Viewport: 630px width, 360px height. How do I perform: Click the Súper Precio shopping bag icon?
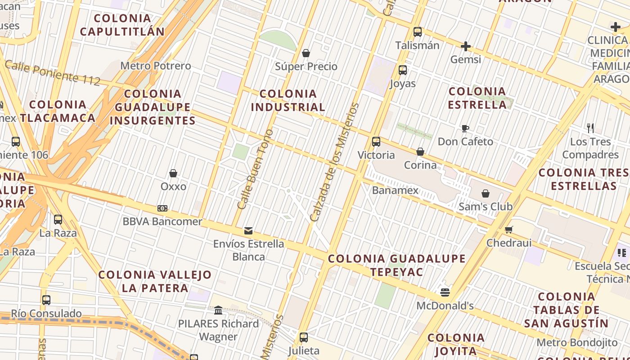point(306,54)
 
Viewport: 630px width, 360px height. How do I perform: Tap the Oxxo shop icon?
point(173,173)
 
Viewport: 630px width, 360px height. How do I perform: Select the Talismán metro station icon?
point(418,32)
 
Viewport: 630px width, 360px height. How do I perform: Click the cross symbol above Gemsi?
point(466,46)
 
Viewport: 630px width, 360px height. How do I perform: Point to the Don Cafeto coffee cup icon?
point(465,129)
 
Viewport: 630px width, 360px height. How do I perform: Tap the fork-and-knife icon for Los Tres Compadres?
point(590,128)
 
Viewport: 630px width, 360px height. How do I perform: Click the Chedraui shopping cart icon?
point(509,230)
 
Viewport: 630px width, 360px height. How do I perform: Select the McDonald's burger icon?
point(445,293)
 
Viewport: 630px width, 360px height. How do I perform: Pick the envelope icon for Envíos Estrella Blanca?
point(248,231)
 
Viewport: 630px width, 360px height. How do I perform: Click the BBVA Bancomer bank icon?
point(162,208)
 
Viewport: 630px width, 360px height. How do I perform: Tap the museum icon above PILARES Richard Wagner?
point(219,310)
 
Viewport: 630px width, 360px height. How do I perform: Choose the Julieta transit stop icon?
point(304,337)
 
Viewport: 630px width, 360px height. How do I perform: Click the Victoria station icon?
point(376,142)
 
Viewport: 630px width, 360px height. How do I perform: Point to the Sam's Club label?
point(485,207)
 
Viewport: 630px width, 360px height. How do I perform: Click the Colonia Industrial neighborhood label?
point(288,100)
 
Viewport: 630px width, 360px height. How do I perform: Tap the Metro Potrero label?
point(156,66)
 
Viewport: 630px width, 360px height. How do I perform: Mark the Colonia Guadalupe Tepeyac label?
point(396,265)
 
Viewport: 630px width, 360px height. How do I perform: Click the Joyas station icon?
point(403,70)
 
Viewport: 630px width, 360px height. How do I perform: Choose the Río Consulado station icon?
point(46,300)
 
